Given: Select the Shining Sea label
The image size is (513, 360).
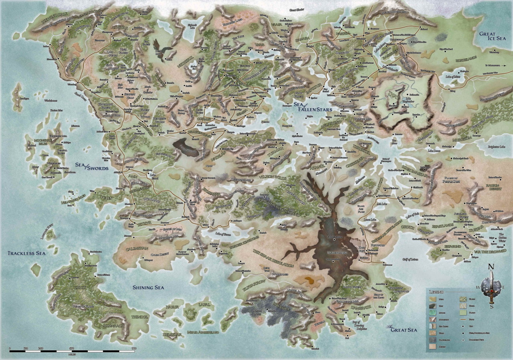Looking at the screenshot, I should click(148, 287).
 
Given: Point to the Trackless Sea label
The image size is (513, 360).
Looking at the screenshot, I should click(26, 253).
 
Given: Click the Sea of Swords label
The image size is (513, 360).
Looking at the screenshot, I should click(92, 166).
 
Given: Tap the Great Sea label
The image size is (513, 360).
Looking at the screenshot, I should click(402, 330).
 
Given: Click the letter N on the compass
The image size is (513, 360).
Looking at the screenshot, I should click(491, 267).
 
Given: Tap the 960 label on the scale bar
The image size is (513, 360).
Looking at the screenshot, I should click(133, 348).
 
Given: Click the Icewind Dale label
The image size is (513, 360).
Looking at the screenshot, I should click(57, 16).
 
